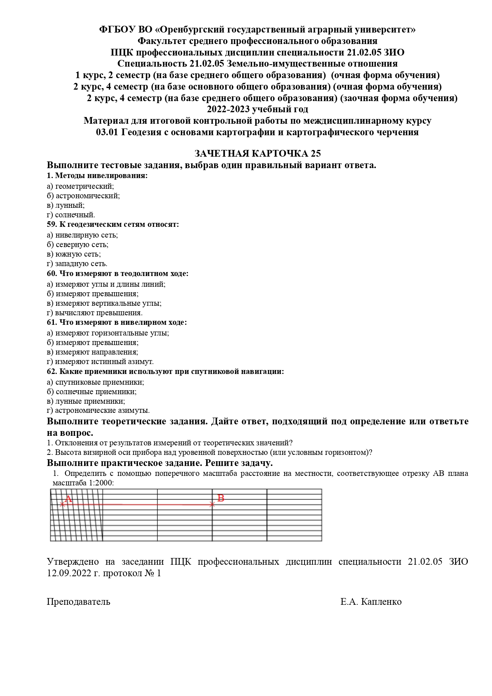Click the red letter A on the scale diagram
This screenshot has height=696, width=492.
[x=68, y=499]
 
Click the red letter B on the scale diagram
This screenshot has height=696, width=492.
[x=221, y=498]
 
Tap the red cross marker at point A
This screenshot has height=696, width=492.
[x=62, y=504]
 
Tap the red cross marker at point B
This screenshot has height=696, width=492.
[x=212, y=504]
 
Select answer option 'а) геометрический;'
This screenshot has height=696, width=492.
[x=80, y=186]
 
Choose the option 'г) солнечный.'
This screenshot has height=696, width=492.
[x=71, y=215]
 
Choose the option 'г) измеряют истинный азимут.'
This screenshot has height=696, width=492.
[x=100, y=362]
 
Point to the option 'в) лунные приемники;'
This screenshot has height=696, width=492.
[x=86, y=401]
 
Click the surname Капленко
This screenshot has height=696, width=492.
[x=381, y=602]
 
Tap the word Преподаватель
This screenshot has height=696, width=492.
[x=78, y=602]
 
